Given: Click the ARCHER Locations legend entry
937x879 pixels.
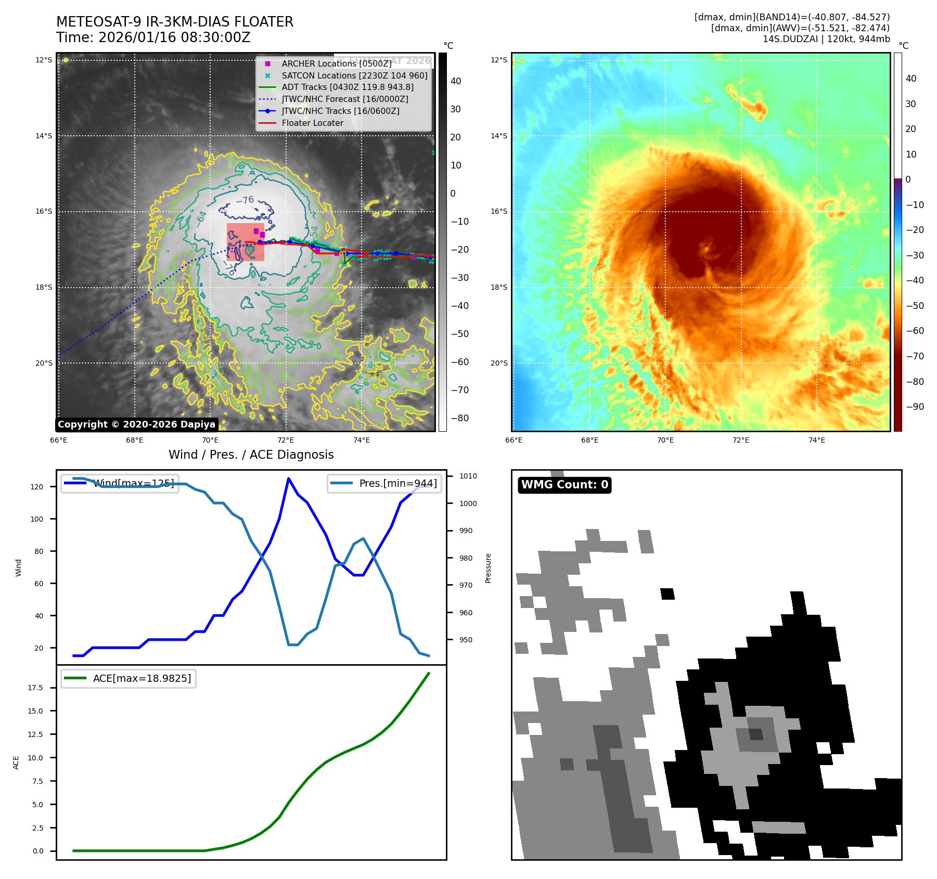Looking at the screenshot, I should point(337,63).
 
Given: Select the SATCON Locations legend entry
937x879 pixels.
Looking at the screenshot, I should point(354,75).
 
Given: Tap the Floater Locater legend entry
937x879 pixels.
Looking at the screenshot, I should point(312,123).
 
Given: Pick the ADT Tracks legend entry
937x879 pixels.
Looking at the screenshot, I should point(348,87).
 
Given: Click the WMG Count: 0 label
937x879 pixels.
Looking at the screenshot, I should point(564,485).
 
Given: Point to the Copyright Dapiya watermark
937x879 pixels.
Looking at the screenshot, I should point(136,424).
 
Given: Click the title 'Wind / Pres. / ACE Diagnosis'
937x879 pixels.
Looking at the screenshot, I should point(251,455).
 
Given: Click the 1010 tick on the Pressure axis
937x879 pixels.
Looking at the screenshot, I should point(468,476).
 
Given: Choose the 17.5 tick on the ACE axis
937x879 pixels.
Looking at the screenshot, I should point(35,688).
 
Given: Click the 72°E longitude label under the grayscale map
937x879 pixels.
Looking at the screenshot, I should point(286,440).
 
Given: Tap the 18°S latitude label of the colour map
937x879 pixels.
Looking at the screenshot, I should point(498,287).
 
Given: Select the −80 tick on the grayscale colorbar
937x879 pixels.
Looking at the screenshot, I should point(459,418).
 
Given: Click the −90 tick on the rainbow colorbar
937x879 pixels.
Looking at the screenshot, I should point(915,407).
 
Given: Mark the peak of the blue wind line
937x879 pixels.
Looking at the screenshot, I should point(288,478).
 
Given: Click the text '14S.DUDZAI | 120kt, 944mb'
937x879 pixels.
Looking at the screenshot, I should point(826,39).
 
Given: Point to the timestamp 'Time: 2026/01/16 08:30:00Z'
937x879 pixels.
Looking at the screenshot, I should point(153,37).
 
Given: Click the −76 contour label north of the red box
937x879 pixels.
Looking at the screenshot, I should point(245,200).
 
